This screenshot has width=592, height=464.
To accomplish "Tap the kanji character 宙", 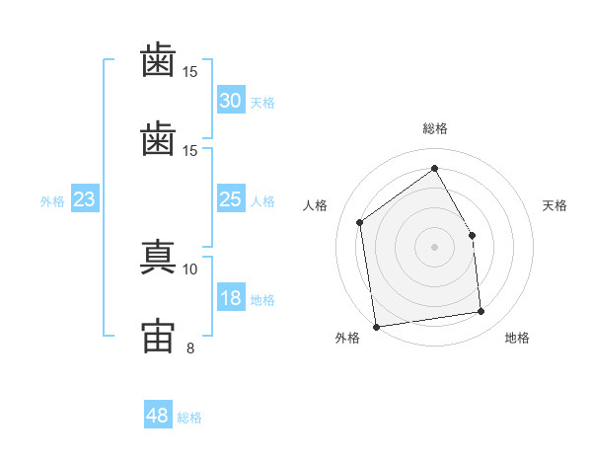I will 158,333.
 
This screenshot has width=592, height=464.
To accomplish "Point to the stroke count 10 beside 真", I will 190,269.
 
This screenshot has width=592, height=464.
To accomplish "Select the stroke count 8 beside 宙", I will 190,348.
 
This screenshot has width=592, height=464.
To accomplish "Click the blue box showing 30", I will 231,101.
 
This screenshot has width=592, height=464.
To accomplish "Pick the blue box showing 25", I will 231,200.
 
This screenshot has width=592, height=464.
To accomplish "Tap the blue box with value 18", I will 231,299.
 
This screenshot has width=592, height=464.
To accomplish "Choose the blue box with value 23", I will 85,200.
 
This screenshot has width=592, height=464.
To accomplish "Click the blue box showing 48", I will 158,416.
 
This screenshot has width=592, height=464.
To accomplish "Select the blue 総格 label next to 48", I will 189,418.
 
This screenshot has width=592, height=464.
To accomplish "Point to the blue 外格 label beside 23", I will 52,201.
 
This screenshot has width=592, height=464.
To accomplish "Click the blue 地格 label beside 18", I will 262,300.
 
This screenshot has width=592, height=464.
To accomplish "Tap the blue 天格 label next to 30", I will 262,102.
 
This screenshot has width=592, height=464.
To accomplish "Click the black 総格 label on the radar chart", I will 434,128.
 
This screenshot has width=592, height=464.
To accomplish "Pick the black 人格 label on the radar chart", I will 316,205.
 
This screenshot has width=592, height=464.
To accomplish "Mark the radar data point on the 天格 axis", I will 472,235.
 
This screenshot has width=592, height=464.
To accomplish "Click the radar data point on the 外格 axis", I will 376,326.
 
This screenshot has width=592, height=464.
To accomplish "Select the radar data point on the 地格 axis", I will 481,312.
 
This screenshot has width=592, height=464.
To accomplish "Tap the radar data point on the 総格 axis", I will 434,168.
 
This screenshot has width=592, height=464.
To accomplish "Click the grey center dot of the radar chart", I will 434,247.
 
